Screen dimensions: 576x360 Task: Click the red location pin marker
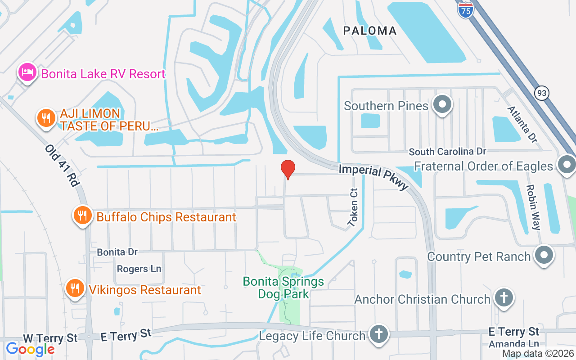click(x=288, y=169)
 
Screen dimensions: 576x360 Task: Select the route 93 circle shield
click(x=542, y=94)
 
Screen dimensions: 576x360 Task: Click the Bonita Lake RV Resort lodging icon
click(x=27, y=72)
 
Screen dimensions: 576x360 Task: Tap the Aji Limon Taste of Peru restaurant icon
click(x=46, y=118)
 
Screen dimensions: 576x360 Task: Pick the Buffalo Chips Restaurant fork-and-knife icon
click(x=82, y=216)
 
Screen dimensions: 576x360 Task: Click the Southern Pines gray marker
click(x=442, y=104)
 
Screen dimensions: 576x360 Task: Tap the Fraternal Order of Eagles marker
click(x=566, y=165)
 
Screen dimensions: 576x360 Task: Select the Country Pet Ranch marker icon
click(x=544, y=255)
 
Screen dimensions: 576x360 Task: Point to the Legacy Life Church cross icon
click(x=379, y=334)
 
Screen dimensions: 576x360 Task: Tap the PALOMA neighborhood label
click(x=370, y=31)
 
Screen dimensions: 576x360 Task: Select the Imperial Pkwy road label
click(x=373, y=176)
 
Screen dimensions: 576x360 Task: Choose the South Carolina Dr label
click(x=447, y=152)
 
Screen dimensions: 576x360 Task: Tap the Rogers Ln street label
click(x=139, y=269)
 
